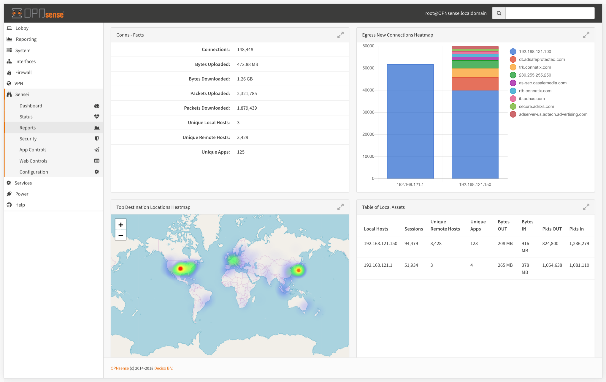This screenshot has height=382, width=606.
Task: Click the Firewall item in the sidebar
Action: pyautogui.click(x=23, y=72)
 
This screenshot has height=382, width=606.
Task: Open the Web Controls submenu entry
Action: pyautogui.click(x=33, y=161)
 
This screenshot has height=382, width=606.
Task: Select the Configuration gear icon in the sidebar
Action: pyautogui.click(x=97, y=172)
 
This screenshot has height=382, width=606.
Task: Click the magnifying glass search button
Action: pyautogui.click(x=499, y=13)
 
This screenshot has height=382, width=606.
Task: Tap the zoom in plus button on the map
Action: pyautogui.click(x=120, y=225)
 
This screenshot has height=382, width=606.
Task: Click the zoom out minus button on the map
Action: pyautogui.click(x=120, y=236)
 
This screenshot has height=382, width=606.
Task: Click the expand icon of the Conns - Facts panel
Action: pyautogui.click(x=340, y=35)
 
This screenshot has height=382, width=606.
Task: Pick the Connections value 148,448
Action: pyautogui.click(x=245, y=50)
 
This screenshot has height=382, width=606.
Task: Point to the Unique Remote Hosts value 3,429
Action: pyautogui.click(x=242, y=138)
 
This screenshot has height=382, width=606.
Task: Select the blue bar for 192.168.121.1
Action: pyautogui.click(x=410, y=122)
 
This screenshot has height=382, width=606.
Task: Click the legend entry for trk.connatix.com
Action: pyautogui.click(x=535, y=67)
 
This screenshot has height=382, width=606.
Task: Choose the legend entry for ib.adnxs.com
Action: pyautogui.click(x=532, y=99)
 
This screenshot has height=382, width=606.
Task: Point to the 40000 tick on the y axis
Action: pyautogui.click(x=368, y=90)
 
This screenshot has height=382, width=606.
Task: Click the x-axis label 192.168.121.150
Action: pyautogui.click(x=475, y=185)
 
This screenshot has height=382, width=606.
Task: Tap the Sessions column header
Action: pyautogui.click(x=413, y=229)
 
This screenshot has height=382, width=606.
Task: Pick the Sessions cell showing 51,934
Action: pyautogui.click(x=411, y=265)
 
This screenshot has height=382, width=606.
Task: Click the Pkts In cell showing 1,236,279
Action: pyautogui.click(x=579, y=244)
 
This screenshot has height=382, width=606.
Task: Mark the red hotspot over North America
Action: pyautogui.click(x=180, y=269)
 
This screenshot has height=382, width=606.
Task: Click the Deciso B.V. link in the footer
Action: pyautogui.click(x=164, y=368)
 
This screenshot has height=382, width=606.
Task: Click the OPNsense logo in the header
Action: pyautogui.click(x=38, y=13)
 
